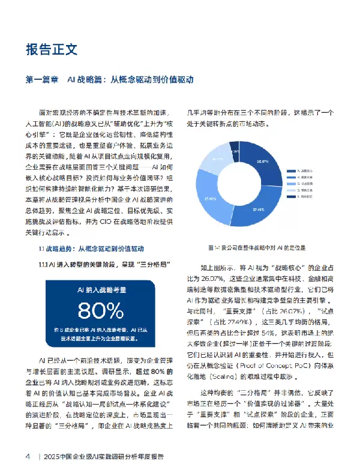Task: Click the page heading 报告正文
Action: pos(52,49)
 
